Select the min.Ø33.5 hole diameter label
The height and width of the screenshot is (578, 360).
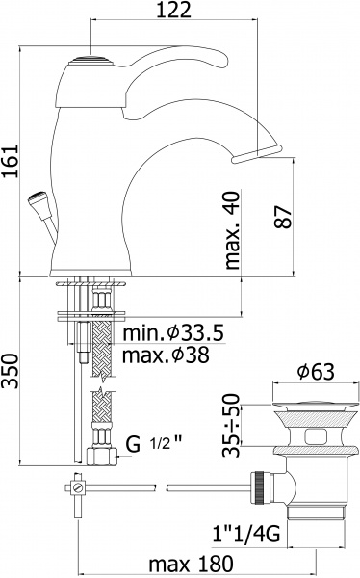[x=173, y=334]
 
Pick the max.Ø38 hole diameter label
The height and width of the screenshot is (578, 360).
[x=171, y=355]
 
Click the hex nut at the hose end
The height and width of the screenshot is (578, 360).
[x=98, y=455]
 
